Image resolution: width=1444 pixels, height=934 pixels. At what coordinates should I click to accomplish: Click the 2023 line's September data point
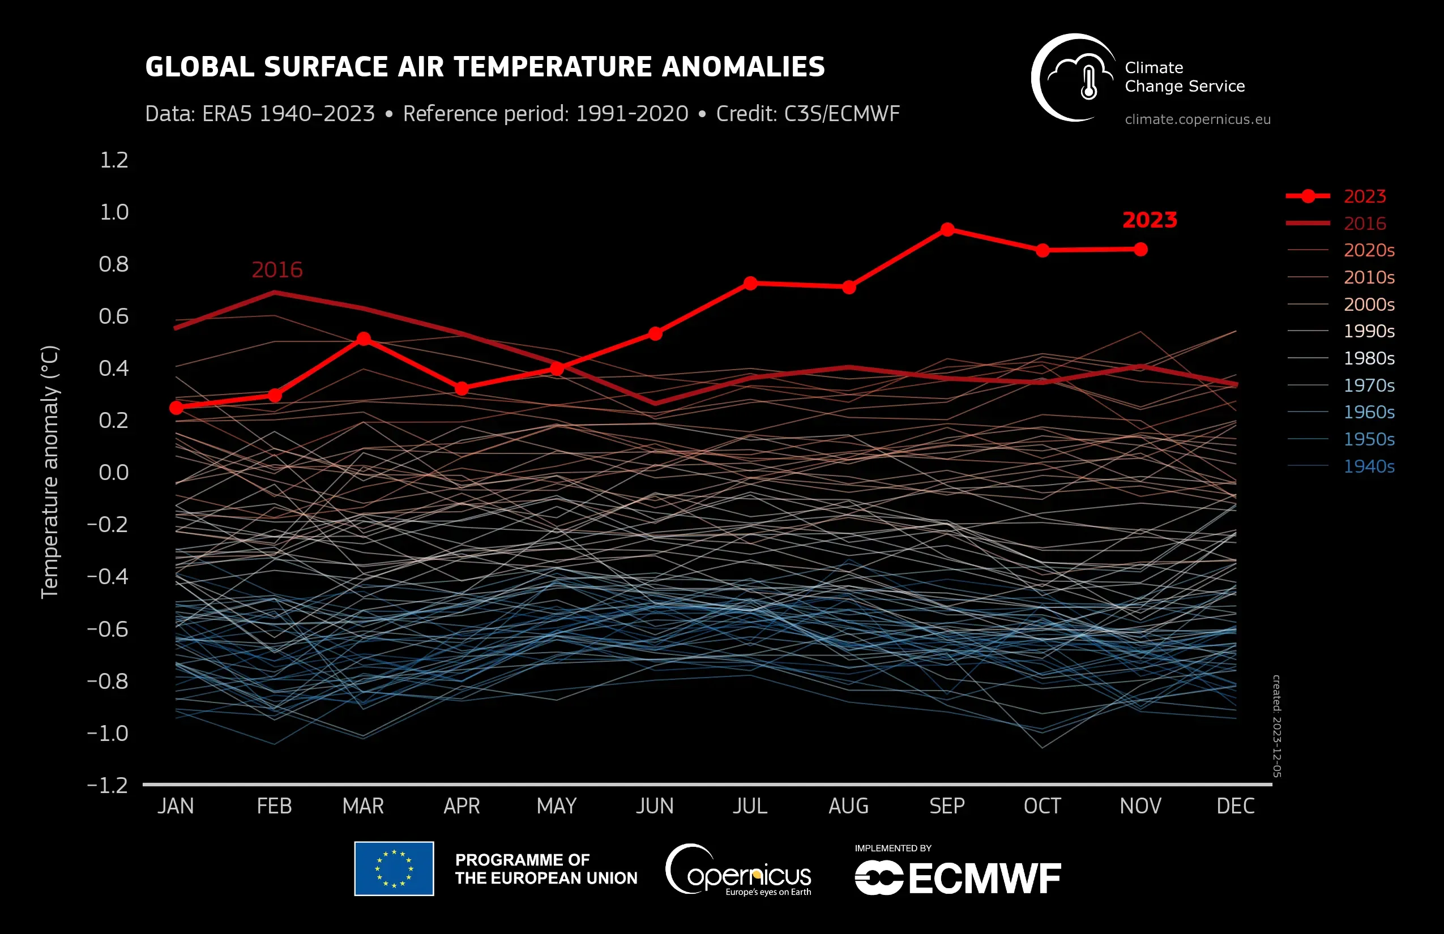[947, 229]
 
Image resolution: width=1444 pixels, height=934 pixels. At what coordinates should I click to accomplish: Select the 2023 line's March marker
[364, 339]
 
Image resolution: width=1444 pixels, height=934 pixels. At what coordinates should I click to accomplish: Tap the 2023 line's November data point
[1140, 249]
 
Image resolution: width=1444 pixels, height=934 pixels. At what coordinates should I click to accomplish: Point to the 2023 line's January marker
[176, 408]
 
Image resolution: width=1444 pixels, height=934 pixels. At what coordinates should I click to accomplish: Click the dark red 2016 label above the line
[277, 269]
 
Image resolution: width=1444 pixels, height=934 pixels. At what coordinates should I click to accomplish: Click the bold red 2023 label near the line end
[1149, 220]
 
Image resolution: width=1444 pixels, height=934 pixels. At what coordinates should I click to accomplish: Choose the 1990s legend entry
[1368, 331]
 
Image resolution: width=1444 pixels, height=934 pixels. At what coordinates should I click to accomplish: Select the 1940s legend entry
[1368, 466]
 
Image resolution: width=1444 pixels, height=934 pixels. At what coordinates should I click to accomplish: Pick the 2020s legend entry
[1368, 250]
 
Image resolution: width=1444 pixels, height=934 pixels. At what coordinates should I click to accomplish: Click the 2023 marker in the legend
[1308, 196]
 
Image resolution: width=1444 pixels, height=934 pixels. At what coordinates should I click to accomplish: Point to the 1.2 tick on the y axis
[114, 160]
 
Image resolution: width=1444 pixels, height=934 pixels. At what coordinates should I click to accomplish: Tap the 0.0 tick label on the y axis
[114, 472]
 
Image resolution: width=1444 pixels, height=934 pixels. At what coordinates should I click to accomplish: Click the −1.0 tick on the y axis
[108, 733]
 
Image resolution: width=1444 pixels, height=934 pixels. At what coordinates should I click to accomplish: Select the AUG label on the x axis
[848, 806]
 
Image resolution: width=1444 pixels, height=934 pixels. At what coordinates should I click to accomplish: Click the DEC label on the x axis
[1235, 806]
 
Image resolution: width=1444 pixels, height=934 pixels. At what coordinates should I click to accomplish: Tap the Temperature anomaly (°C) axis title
[50, 472]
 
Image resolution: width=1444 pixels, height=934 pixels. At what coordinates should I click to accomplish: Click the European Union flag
[394, 868]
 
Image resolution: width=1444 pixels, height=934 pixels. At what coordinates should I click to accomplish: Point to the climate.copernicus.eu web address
[1197, 119]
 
